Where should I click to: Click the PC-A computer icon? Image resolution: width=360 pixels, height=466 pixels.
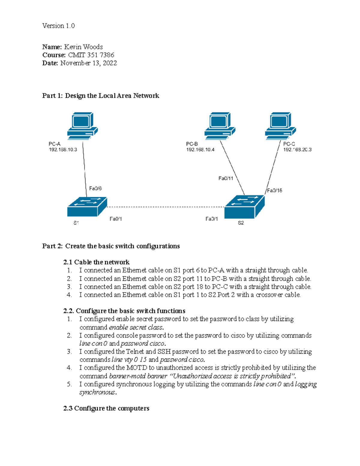click(x=82, y=126)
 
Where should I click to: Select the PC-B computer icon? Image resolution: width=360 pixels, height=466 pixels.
click(x=220, y=126)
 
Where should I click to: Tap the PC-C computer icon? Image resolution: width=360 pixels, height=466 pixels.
click(x=280, y=126)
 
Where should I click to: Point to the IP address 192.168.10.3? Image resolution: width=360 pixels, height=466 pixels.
click(x=63, y=149)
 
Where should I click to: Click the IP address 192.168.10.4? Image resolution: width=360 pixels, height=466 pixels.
click(x=200, y=149)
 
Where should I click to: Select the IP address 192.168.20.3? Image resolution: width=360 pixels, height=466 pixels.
click(x=297, y=149)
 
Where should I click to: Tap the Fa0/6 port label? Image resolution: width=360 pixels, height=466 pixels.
click(x=95, y=188)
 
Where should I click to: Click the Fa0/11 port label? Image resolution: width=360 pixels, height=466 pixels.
click(x=226, y=178)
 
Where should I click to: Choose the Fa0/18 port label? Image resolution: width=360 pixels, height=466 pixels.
click(x=274, y=191)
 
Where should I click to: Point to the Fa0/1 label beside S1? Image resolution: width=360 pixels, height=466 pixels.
click(x=115, y=219)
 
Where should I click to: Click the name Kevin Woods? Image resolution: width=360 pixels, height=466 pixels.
click(x=83, y=47)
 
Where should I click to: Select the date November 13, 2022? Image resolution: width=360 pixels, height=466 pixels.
click(x=88, y=63)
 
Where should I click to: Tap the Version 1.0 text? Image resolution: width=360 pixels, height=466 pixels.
click(x=58, y=26)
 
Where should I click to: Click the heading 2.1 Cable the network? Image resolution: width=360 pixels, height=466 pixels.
click(x=96, y=262)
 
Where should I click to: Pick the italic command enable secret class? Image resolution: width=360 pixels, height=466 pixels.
click(x=136, y=327)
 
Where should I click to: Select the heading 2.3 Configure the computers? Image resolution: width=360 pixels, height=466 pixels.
click(x=106, y=408)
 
